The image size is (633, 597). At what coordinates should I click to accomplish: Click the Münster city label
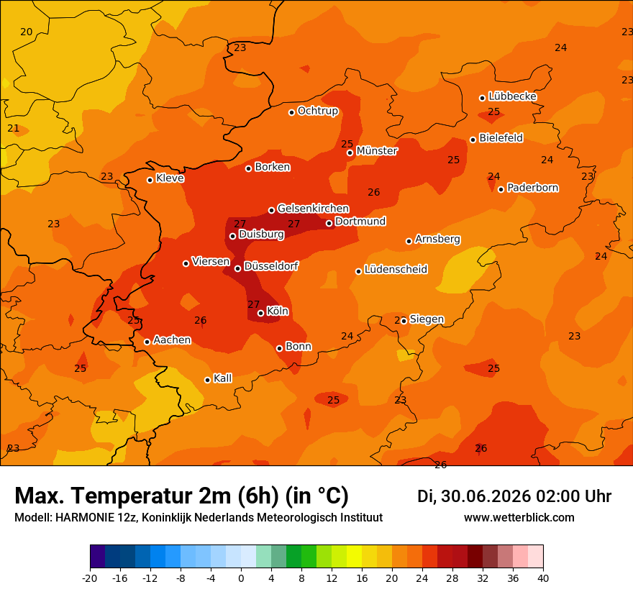click(377, 151)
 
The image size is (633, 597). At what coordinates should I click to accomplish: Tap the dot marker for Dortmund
click(329, 223)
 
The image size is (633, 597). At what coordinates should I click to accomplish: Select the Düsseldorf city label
click(271, 266)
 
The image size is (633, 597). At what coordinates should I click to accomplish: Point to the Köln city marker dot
click(261, 313)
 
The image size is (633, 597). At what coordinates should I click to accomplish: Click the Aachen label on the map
click(172, 340)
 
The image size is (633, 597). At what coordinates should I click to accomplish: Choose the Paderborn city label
click(533, 188)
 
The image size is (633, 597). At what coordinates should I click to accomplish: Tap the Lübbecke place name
click(512, 96)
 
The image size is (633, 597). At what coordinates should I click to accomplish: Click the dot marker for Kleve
click(150, 180)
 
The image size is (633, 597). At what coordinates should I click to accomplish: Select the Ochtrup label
click(318, 111)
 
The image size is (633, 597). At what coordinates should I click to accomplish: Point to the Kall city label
click(223, 378)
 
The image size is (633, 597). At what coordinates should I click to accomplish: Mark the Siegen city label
click(427, 319)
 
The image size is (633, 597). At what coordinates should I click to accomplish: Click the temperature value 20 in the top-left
click(26, 32)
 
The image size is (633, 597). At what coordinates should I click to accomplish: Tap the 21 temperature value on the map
click(14, 128)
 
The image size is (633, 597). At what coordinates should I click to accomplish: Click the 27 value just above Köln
click(253, 304)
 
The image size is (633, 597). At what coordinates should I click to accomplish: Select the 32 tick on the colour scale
click(483, 578)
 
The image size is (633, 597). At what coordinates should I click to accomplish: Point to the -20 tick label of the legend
click(90, 578)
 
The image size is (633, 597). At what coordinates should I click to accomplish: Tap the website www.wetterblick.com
click(519, 517)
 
